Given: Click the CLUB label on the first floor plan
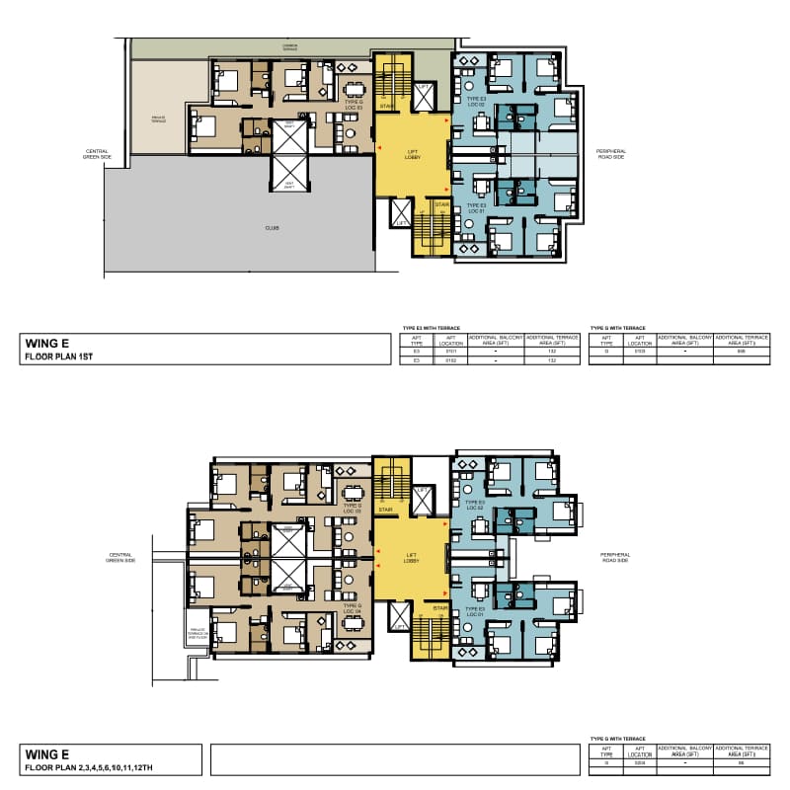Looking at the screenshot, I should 272,228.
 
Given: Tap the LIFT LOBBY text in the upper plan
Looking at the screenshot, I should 414,154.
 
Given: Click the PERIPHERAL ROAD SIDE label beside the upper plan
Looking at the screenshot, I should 611,154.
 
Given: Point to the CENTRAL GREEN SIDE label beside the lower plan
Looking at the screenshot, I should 120,557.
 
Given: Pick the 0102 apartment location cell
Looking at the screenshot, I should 449,360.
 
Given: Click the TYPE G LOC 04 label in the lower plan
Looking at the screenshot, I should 353,611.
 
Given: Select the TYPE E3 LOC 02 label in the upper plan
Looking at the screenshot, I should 475,102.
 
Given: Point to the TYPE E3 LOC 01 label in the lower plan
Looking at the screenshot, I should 475,611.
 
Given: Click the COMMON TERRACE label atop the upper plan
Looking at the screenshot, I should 289,46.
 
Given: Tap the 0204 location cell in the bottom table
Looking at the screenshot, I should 639,762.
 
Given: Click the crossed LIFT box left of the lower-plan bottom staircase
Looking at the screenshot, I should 399,616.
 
